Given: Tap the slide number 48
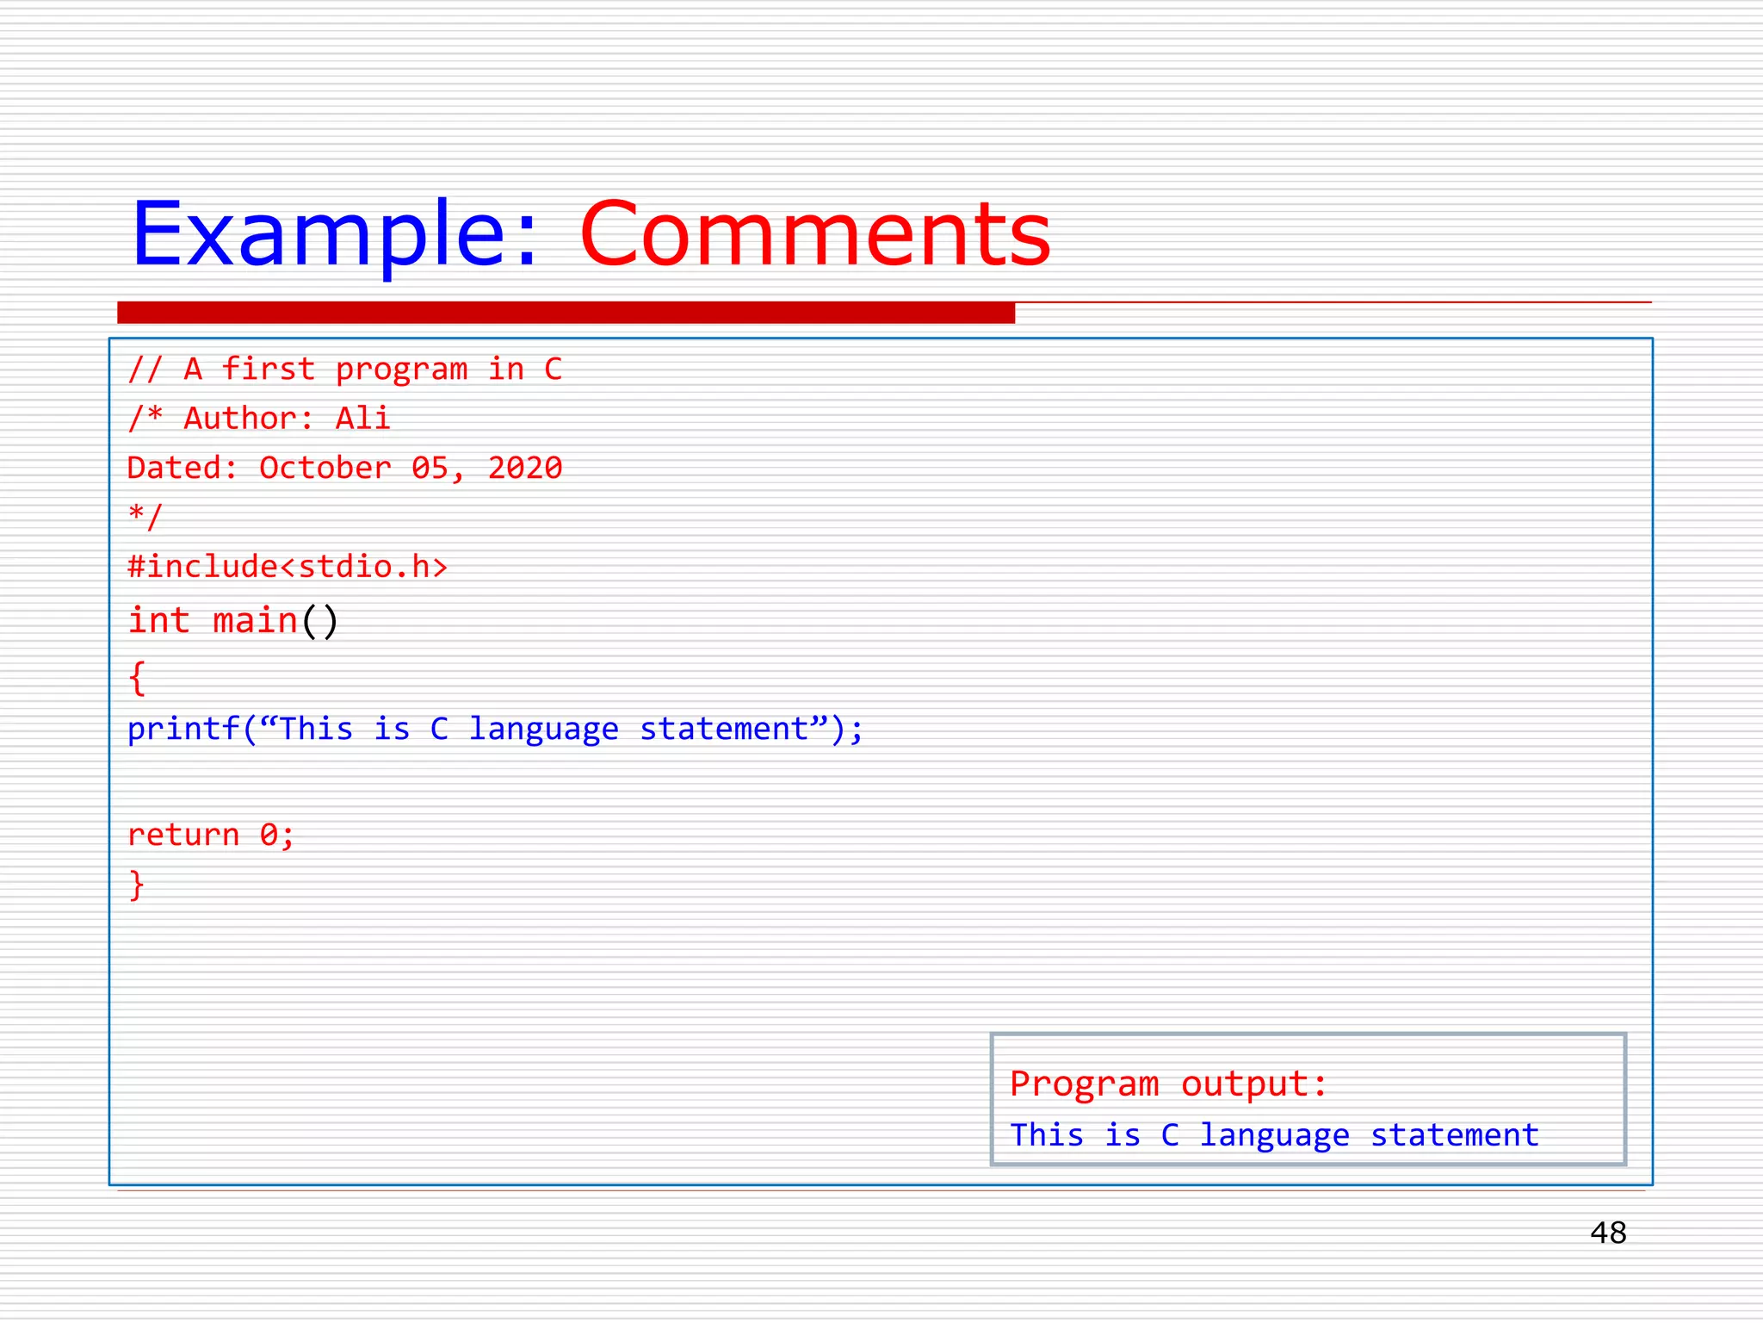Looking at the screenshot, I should (x=1607, y=1233).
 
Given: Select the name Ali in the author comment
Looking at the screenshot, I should (x=362, y=419).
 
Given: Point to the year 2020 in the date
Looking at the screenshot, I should (x=524, y=468).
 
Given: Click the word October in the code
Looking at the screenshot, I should (x=325, y=468).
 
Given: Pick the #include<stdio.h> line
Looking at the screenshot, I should (x=288, y=567).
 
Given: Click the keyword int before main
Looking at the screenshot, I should (x=158, y=621).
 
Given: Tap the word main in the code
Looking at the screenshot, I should (x=254, y=621).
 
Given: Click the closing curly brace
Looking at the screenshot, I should (x=137, y=885).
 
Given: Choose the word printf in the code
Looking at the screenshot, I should (x=183, y=730).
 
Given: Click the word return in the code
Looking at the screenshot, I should (x=182, y=835).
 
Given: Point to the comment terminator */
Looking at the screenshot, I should (x=145, y=517).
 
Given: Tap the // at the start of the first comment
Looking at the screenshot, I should (x=145, y=370).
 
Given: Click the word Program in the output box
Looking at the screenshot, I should (x=1084, y=1084).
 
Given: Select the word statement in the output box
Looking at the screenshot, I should (x=1454, y=1135).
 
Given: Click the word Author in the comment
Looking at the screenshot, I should (x=240, y=419).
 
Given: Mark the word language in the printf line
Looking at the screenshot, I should (x=543, y=730).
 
